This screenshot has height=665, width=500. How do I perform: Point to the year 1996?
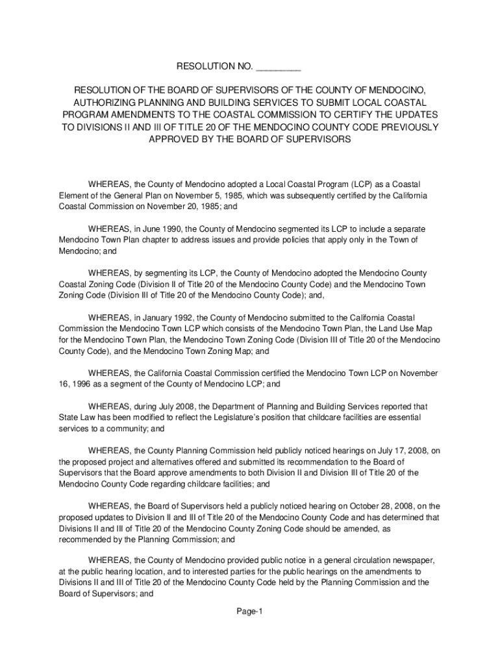click(x=76, y=384)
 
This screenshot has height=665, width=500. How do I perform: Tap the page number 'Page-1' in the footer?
click(x=249, y=612)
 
